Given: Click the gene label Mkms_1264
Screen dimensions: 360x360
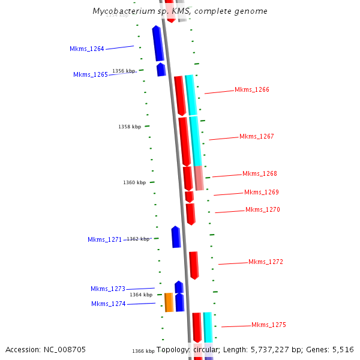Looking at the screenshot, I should (87, 49).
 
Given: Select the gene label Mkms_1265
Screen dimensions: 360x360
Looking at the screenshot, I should (91, 74).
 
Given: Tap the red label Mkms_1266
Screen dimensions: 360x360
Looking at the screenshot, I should (252, 89).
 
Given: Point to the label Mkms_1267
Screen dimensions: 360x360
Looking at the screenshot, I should (257, 136).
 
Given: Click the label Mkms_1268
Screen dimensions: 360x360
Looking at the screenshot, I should (260, 173).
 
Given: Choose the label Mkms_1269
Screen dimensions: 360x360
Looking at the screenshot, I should (262, 192).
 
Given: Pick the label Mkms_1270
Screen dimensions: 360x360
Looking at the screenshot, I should (263, 209).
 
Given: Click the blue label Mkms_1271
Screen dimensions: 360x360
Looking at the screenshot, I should (105, 239).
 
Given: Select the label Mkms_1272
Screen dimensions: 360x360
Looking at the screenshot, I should (266, 262).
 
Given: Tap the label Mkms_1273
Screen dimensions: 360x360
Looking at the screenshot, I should (108, 289).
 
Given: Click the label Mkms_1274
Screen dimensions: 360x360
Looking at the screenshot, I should (109, 304).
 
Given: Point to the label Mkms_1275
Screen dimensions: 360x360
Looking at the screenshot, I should (269, 325).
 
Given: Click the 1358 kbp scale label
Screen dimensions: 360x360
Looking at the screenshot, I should (130, 127).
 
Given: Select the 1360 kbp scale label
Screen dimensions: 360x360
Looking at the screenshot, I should (134, 182).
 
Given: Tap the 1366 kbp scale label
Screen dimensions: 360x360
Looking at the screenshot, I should (143, 351).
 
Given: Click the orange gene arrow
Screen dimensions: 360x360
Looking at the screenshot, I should (169, 302).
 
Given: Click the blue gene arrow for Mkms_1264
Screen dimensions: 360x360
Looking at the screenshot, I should (158, 43).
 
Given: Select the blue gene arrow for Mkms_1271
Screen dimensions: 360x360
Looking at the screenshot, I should (176, 237).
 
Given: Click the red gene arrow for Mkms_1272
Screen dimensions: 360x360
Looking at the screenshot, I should (194, 265).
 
